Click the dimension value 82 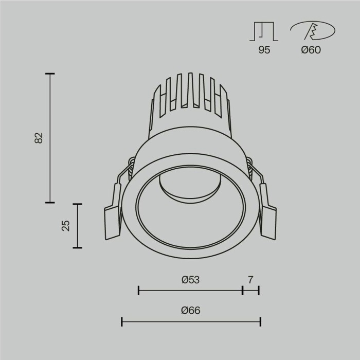pos(39,138)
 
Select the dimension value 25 pos(66,225)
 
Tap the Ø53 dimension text pos(190,280)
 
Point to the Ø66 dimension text pos(190,311)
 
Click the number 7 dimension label pos(250,280)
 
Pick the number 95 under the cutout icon pos(264,50)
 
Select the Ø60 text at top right pos(311,50)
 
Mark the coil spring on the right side pos(250,166)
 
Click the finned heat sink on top pos(190,103)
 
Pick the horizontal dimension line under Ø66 pos(191,322)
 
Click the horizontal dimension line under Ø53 pos(190,291)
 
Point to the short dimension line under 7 pos(250,291)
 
